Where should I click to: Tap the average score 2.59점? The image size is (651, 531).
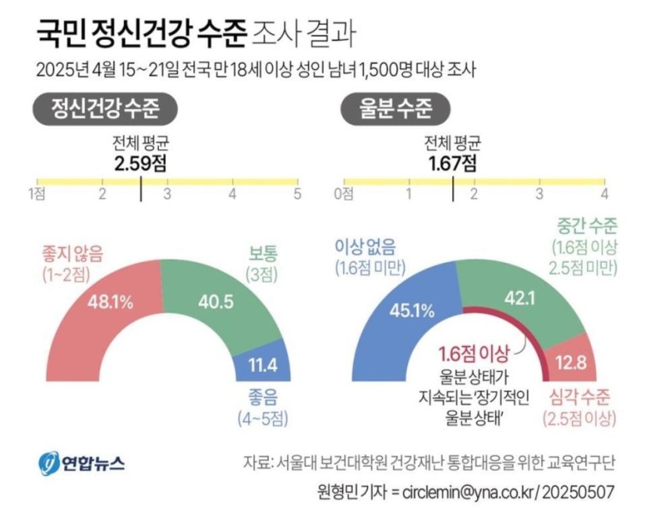tap(140, 163)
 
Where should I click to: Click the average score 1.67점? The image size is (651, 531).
tap(452, 163)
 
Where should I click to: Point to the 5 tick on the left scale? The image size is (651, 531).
tap(296, 193)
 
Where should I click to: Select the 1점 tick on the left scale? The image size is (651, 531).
tap(36, 193)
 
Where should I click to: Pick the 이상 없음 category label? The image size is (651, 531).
tap(365, 248)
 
